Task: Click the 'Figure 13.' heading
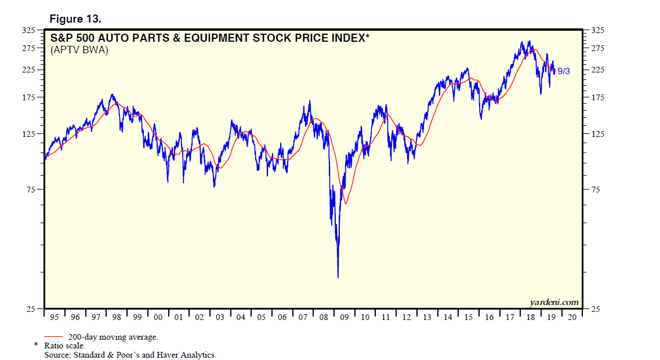pos(75,19)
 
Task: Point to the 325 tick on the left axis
pos(29,30)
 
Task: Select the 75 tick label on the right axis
pos(596,190)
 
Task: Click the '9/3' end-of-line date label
pos(564,71)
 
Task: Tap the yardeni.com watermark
pos(553,302)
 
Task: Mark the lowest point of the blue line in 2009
pos(338,277)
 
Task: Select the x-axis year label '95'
pos(54,317)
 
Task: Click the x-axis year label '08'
pos(324,317)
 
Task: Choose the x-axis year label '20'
pos(572,317)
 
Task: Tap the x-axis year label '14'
pos(448,317)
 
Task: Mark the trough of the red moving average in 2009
pos(346,203)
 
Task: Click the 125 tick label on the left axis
pos(29,134)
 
